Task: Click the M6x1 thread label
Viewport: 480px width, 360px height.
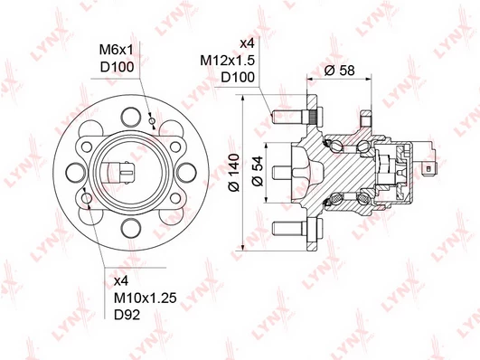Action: [117, 50]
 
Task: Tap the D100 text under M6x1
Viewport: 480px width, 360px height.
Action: [118, 67]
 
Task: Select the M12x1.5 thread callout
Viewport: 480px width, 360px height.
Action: [228, 61]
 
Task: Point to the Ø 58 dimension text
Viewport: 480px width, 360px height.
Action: [340, 71]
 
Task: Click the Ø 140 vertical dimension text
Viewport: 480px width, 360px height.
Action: [234, 173]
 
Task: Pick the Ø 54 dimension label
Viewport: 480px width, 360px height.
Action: [258, 171]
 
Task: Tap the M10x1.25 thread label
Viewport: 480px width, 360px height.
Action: [146, 298]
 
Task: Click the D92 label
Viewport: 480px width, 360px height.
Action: [127, 315]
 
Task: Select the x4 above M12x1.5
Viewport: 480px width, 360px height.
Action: [247, 43]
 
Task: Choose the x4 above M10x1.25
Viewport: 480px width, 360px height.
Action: [121, 281]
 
